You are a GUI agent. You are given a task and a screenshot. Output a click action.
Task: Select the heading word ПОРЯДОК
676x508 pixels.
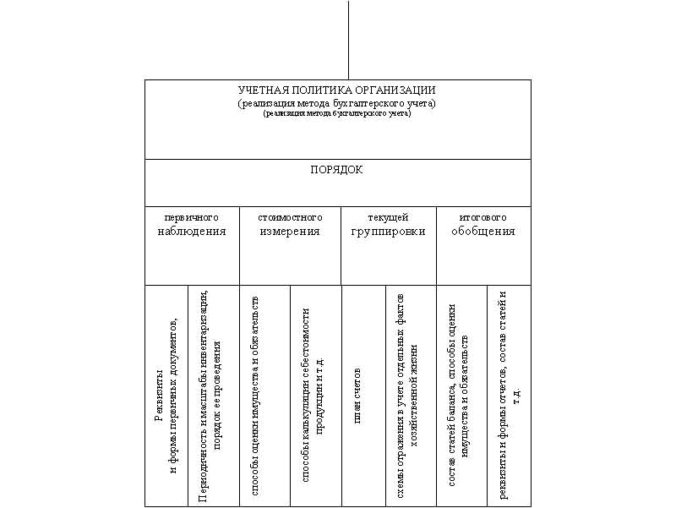336,170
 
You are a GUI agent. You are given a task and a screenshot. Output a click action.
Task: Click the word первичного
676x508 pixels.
191,218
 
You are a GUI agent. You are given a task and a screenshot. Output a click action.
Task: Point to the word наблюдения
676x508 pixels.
192,231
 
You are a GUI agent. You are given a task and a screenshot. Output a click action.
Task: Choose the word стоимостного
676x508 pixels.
290,218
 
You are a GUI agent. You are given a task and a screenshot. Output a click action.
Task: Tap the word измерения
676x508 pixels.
290,231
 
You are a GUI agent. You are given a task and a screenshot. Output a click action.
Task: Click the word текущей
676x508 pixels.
388,218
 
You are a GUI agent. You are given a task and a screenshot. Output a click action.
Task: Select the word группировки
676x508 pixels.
388,231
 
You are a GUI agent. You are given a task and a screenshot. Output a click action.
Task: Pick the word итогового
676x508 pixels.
482,218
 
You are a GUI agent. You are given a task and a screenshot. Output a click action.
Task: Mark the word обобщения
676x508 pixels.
482,231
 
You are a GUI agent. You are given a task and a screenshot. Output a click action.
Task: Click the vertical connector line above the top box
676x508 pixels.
348,39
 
